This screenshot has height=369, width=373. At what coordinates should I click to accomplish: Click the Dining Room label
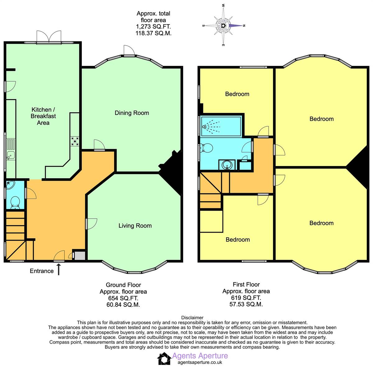pos(132,113)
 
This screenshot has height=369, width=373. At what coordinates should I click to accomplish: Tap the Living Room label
pos(135,226)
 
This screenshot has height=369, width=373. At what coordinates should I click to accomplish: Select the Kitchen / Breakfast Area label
pos(43,116)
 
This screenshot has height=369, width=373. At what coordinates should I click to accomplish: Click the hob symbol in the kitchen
pos(75,141)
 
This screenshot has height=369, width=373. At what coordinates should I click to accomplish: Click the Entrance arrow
pos(58,269)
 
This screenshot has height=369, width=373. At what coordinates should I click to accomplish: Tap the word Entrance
pos(42,271)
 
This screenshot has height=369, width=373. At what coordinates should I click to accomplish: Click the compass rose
pos(223,26)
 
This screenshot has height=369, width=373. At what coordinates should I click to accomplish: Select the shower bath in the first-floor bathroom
pos(221,126)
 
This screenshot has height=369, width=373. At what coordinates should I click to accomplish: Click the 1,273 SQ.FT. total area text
pos(154,27)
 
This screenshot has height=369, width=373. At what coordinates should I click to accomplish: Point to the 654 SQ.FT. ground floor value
pos(123,298)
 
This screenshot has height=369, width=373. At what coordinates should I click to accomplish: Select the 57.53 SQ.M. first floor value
pos(246,305)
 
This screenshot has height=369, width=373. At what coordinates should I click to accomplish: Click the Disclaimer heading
pos(192,318)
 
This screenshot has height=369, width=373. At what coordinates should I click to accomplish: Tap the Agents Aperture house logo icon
pos(164,359)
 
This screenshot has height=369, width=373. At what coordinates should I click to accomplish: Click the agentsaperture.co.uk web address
pos(200,362)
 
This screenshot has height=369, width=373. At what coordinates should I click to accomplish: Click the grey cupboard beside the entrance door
pos(79,256)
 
